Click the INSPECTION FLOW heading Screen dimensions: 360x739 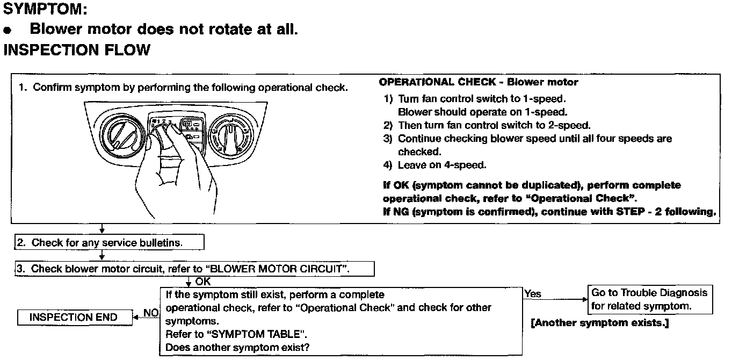[x=76, y=50]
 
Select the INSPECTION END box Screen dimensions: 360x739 [x=73, y=317]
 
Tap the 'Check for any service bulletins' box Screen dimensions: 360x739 [x=109, y=242]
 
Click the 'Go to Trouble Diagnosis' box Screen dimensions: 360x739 [x=650, y=299]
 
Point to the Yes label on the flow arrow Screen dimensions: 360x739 [x=533, y=294]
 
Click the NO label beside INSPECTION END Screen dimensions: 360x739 [x=151, y=313]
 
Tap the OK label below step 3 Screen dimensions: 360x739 [x=203, y=282]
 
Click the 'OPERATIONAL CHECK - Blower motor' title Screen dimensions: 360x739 [x=479, y=82]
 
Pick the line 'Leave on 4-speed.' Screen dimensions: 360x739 [x=441, y=165]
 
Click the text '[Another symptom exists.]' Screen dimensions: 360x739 [x=599, y=323]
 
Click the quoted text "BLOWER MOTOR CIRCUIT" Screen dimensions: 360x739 [x=278, y=269]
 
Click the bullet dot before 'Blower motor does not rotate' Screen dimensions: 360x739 [x=8, y=30]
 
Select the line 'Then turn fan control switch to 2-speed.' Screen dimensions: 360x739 [x=494, y=125]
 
